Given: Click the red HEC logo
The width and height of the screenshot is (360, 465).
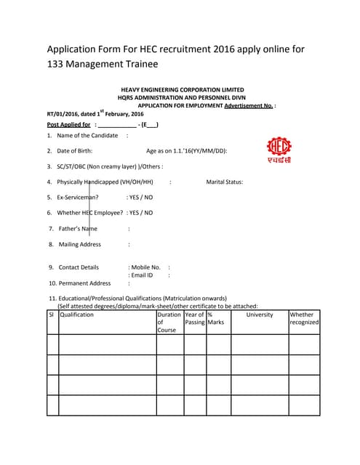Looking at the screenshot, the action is [278, 150].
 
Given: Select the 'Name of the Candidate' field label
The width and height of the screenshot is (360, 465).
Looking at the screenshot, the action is [87, 135].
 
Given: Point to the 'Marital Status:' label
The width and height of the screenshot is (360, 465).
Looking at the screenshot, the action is [225, 182].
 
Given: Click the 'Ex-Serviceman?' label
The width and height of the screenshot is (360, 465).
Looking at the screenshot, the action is [79, 197].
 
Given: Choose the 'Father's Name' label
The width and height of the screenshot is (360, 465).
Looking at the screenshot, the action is [78, 229].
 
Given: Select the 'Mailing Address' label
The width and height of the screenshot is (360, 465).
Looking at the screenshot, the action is [80, 245].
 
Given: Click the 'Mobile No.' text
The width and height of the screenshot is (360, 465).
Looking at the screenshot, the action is [145, 267].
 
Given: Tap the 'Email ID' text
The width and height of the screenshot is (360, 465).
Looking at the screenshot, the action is [142, 275].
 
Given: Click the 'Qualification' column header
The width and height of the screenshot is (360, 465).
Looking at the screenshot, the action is [77, 315].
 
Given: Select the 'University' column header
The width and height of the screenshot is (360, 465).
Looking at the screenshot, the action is [259, 315].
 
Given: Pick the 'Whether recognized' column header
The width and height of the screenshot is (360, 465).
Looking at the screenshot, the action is [304, 318].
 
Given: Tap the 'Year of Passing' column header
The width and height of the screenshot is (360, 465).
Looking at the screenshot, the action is [195, 318].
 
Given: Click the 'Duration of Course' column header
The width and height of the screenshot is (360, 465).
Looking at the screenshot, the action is [169, 322].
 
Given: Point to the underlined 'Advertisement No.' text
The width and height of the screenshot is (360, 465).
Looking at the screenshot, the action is [249, 105].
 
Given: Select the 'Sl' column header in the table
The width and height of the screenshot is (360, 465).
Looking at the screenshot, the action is [52, 315].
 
